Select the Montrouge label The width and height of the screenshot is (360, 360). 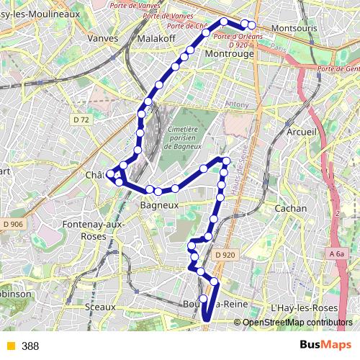229,53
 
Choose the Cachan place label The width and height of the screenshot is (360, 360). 291,208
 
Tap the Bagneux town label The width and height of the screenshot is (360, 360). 158,205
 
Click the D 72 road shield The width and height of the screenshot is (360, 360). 81,120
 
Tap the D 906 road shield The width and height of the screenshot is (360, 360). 12,225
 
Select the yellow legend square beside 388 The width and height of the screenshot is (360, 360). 10,346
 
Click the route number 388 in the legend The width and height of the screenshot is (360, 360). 30,346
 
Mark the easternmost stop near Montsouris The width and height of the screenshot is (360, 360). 251,24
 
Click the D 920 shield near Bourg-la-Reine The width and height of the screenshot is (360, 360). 225,254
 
